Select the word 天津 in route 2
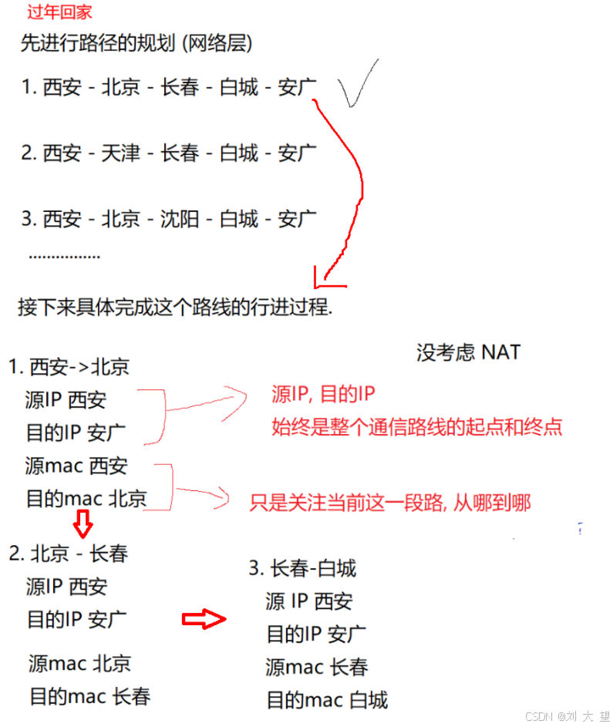pos(120,153)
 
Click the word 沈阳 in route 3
pos(179,219)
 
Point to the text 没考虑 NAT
pos(468,352)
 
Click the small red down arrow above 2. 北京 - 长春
pos(83,527)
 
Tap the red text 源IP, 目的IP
pos(323,395)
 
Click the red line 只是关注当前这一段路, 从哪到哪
pos(390,503)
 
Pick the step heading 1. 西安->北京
pos(69,367)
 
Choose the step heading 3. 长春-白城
pos(302,569)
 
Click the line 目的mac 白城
pos(327,700)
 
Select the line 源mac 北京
pos(79,663)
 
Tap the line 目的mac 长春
pos(89,696)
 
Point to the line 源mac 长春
pos(317,667)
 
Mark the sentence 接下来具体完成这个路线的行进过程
pos(175,307)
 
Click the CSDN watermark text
pos(568,716)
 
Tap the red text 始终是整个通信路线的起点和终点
pos(417,426)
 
